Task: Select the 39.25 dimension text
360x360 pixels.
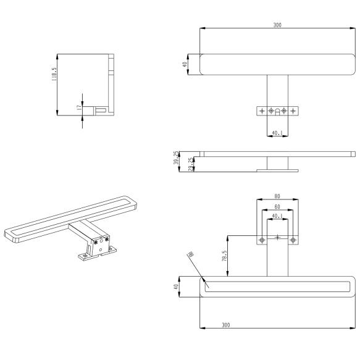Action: click(193, 158)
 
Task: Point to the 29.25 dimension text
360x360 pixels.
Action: click(193, 165)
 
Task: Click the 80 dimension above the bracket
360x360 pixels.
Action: click(277, 197)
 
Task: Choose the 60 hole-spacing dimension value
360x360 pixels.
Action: click(277, 207)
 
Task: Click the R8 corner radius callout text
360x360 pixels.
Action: click(190, 255)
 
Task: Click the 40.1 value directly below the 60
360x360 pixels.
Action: click(277, 216)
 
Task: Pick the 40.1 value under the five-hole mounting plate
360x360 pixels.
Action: click(277, 133)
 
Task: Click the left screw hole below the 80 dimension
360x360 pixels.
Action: click(262, 240)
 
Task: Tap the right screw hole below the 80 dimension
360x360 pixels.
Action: click(293, 240)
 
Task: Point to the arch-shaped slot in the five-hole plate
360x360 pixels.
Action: click(277, 111)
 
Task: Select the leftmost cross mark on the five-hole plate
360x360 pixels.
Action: click(262, 111)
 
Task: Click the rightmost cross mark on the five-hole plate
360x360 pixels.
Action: click(293, 111)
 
